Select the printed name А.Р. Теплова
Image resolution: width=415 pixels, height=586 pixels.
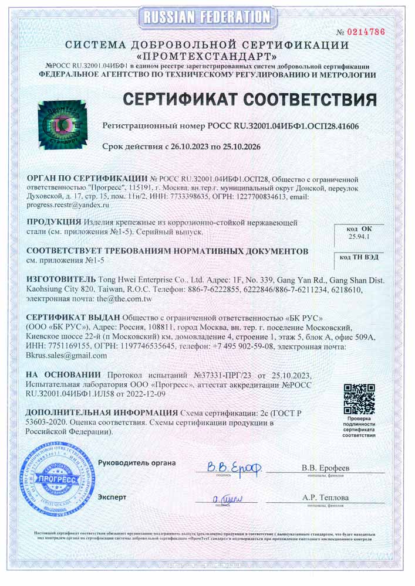[326, 498]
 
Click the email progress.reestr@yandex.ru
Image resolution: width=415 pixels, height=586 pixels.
[69, 206]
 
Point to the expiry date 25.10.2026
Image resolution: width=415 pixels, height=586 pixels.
[239, 146]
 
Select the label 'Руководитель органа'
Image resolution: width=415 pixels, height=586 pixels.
[137, 463]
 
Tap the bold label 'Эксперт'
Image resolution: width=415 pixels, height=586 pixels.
[112, 497]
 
